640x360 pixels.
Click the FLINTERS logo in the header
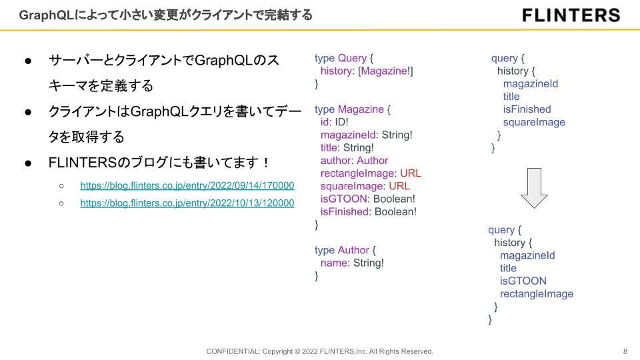tap(571, 15)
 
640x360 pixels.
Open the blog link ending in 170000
tap(187, 185)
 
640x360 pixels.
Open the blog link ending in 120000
tap(187, 203)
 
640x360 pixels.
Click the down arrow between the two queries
tap(534, 188)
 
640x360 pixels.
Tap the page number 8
tap(625, 351)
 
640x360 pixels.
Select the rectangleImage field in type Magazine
tap(357, 173)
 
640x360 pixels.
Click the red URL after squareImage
tap(399, 186)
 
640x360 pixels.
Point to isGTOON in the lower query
tap(523, 281)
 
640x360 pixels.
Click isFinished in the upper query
tap(527, 109)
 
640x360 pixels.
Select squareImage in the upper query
tap(534, 123)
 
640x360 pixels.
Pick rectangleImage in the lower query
tap(536, 294)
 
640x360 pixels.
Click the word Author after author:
tap(372, 161)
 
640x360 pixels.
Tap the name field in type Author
tap(334, 263)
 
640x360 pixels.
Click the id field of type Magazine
tap(325, 122)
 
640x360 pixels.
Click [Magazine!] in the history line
tap(385, 71)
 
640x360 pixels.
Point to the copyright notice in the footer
tap(319, 351)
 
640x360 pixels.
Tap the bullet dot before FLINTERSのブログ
tap(28, 163)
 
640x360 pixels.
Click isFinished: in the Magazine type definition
tap(346, 212)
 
